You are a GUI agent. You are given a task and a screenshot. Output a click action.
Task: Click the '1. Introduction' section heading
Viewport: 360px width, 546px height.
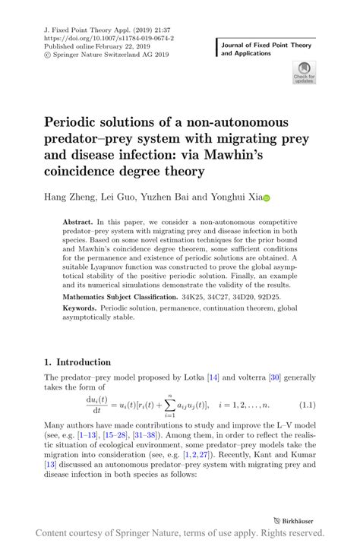77,362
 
